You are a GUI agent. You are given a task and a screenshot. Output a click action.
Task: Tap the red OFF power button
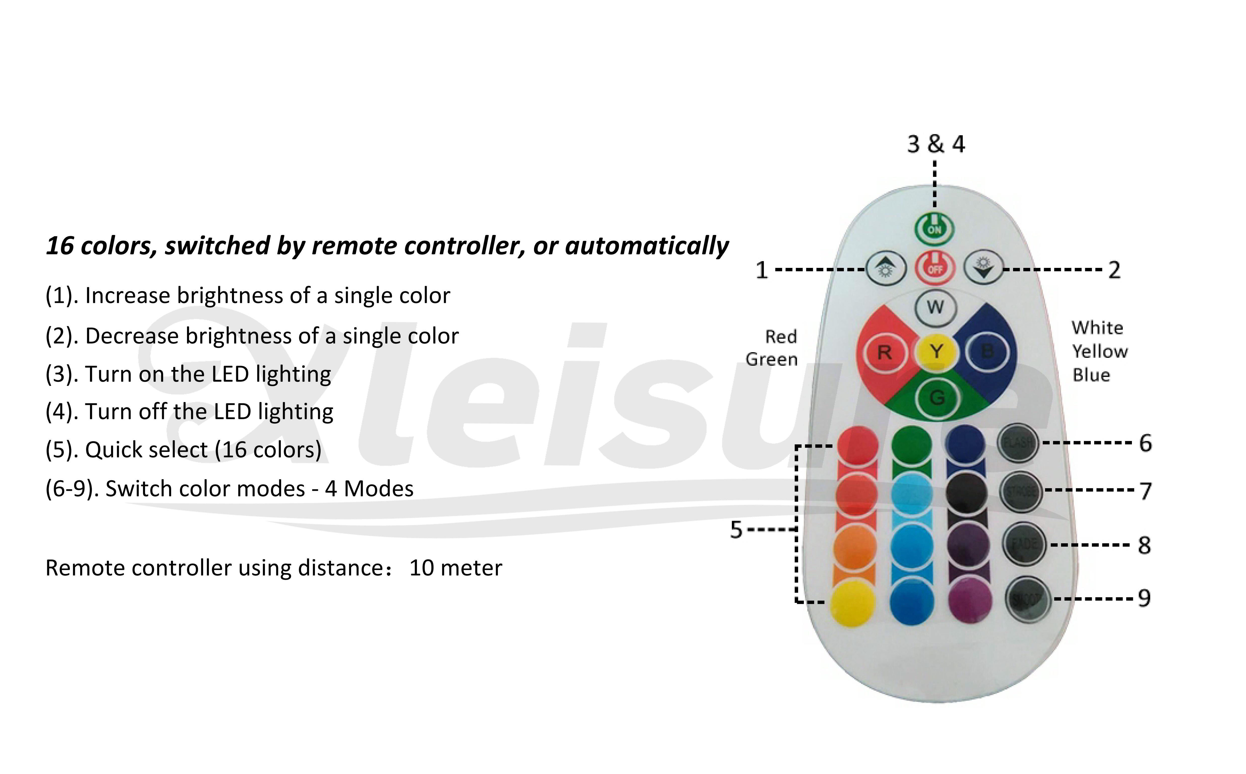(x=935, y=268)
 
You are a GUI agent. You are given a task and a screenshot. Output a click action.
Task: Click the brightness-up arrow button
(x=886, y=268)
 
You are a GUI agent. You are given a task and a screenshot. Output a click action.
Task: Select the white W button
(x=935, y=308)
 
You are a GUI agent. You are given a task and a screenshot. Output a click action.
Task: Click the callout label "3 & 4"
(x=936, y=144)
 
